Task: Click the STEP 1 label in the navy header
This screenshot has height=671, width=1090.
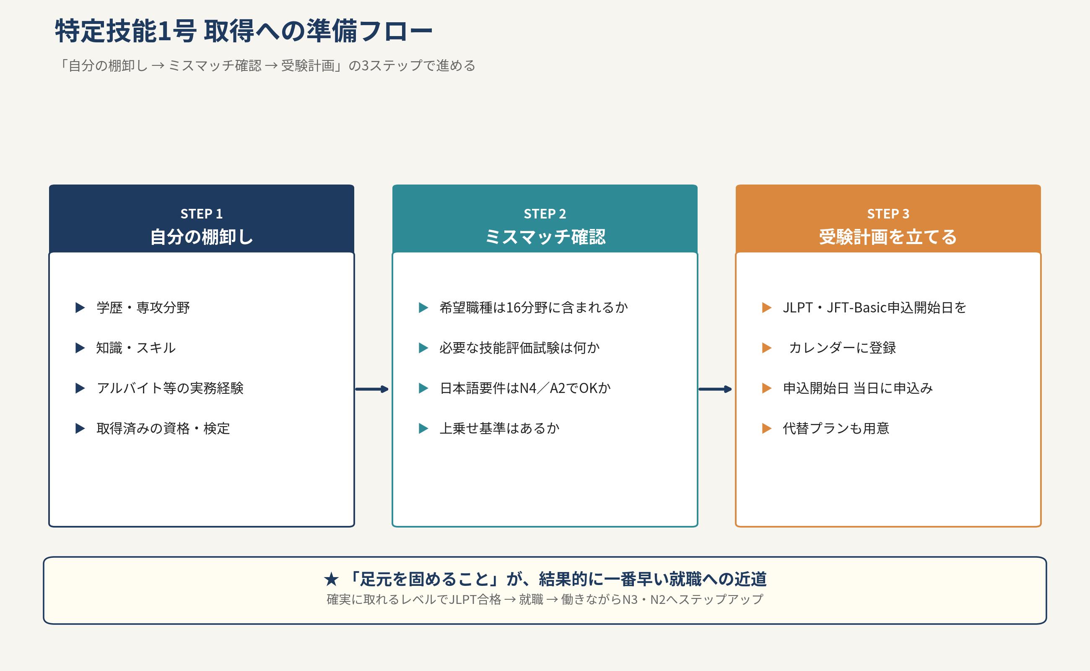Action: point(201,214)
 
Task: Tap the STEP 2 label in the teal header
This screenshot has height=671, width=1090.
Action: point(545,214)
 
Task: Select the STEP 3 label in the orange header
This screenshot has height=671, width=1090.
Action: point(888,214)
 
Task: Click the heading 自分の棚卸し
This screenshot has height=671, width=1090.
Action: point(201,237)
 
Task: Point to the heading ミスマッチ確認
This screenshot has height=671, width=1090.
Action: point(545,237)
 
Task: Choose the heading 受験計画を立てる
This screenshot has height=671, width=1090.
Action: point(888,237)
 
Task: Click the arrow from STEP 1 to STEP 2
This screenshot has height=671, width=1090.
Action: point(372,389)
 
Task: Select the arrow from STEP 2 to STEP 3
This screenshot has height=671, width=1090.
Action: point(715,389)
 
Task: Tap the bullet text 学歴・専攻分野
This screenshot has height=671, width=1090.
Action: point(143,307)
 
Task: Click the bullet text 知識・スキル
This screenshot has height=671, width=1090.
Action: point(136,348)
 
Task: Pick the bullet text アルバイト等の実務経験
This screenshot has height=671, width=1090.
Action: point(170,388)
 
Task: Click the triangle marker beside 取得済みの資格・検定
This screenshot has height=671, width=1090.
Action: point(80,428)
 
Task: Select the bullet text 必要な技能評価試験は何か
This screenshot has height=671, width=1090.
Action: point(519,348)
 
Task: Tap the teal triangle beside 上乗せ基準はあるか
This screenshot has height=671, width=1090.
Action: point(423,428)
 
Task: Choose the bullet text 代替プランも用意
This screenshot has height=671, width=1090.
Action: point(836,428)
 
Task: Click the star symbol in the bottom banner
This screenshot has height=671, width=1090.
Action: point(331,579)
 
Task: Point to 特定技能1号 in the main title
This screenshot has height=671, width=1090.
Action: point(125,31)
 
